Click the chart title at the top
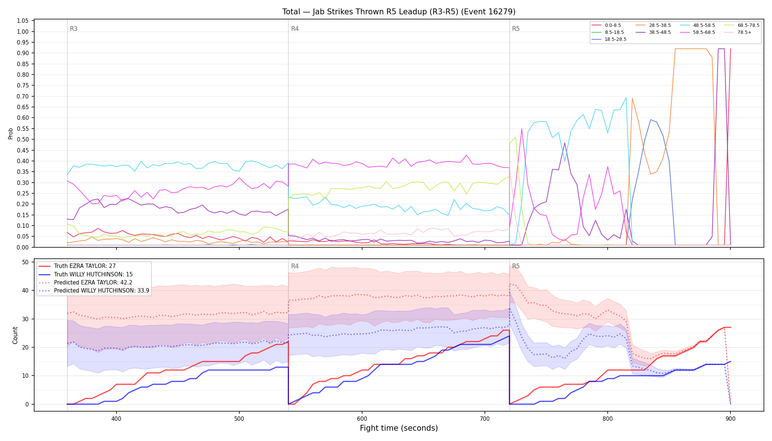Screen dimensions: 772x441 (399, 12)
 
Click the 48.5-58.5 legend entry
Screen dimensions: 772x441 (697, 25)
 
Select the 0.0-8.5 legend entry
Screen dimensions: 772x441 (606, 25)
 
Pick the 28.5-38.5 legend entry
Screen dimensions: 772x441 (653, 25)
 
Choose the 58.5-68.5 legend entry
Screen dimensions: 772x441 (697, 32)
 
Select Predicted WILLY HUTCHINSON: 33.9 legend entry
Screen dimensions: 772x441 (94, 291)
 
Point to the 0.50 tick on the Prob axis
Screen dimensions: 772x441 (23, 139)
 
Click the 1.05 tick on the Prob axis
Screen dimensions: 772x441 (23, 21)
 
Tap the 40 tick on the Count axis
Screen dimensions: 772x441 (25, 290)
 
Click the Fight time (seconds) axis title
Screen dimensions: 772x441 (399, 428)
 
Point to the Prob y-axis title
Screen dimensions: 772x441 (11, 133)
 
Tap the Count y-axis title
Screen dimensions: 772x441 (15, 335)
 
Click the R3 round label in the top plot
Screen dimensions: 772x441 (74, 29)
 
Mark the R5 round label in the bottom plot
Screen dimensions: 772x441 (516, 266)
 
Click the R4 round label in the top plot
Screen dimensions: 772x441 (295, 29)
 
